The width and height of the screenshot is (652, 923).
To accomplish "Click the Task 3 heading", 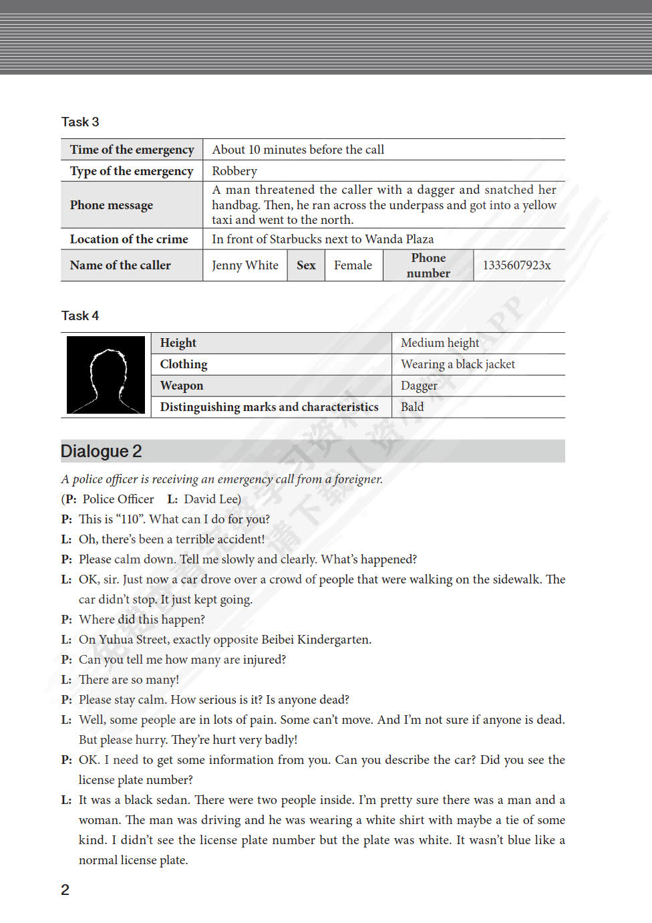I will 80,122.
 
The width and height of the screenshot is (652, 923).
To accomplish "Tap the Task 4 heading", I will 80,315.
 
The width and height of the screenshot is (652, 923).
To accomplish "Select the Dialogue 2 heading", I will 102,451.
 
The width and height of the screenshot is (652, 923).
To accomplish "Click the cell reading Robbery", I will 234,171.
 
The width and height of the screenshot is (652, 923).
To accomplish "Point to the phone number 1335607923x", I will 516,265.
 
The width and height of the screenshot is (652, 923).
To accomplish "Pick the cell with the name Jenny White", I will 245,265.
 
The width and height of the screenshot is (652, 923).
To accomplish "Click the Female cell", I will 353,265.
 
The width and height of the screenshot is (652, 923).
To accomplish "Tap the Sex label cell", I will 306,265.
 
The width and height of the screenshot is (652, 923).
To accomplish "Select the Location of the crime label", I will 129,239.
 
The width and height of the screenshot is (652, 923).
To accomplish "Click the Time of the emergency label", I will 132,150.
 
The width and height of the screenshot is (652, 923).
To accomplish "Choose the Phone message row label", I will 112,205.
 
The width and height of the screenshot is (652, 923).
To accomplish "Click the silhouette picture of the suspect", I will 106,375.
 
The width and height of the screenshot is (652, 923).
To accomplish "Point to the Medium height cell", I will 440,343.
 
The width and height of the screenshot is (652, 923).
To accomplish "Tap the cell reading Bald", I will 412,407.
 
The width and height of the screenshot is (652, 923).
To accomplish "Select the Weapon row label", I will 182,386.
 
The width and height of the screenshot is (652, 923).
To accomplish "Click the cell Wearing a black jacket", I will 458,364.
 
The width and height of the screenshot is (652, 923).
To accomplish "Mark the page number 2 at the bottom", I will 65,890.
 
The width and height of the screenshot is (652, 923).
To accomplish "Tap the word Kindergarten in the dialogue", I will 333,640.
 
